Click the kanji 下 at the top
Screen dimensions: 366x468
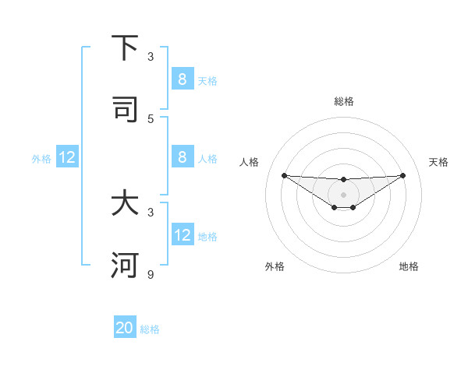125,48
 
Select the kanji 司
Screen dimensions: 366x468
125,109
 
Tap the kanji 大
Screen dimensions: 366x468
125,204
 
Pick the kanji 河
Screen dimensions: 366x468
125,266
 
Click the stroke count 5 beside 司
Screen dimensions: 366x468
151,118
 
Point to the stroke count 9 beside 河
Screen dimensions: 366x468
151,274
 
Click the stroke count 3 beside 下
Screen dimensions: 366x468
151,57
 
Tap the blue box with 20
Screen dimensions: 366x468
125,328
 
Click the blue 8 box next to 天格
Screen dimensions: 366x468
182,79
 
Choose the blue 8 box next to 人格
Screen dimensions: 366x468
182,157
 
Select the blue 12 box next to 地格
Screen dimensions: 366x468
182,235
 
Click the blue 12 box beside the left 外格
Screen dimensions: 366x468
67,157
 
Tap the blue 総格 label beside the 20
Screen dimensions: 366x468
150,329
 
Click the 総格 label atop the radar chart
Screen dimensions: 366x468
344,101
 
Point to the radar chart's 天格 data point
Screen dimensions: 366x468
403,175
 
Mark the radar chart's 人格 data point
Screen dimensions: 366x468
284,175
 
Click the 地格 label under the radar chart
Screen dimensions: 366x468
409,266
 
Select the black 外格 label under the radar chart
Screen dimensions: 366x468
275,266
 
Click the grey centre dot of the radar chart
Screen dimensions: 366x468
344,195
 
